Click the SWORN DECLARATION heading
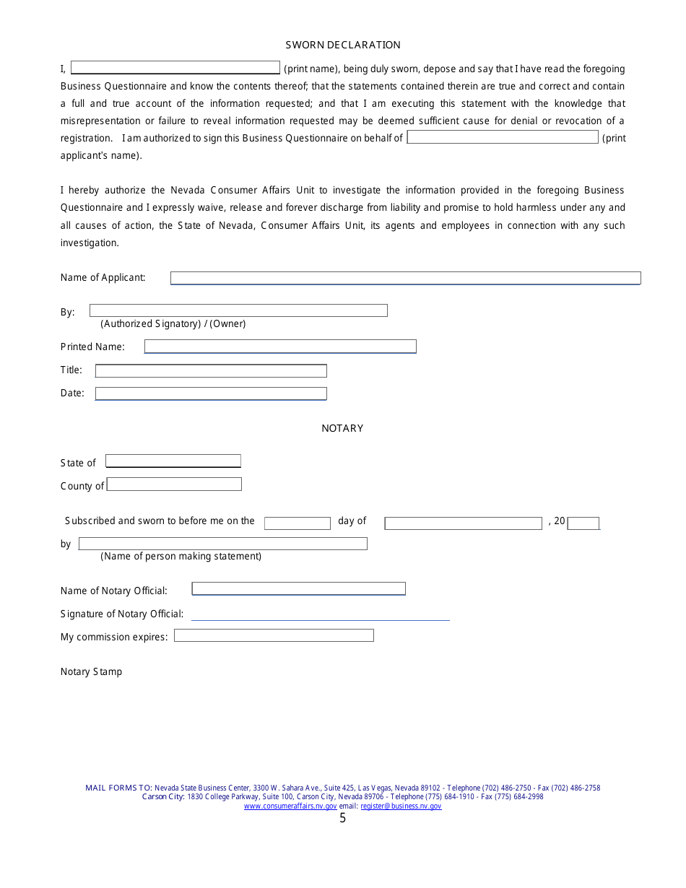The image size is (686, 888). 343,45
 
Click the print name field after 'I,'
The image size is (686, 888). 175,68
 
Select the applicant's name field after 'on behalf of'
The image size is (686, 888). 503,137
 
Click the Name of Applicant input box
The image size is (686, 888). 405,278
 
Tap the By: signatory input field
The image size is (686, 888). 238,310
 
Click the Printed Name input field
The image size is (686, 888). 280,347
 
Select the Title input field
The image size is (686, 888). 211,370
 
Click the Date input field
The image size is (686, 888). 211,393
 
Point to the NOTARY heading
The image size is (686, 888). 342,428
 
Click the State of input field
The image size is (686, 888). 173,461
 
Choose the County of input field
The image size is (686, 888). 174,484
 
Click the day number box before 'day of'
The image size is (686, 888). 297,523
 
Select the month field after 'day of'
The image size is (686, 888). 463,523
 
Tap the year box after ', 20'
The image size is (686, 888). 583,523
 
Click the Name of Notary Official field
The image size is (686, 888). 298,588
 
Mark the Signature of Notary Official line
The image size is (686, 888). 320,614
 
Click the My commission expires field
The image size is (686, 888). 274,635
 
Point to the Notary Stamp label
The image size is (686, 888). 91,671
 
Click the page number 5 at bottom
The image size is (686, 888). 342,818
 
